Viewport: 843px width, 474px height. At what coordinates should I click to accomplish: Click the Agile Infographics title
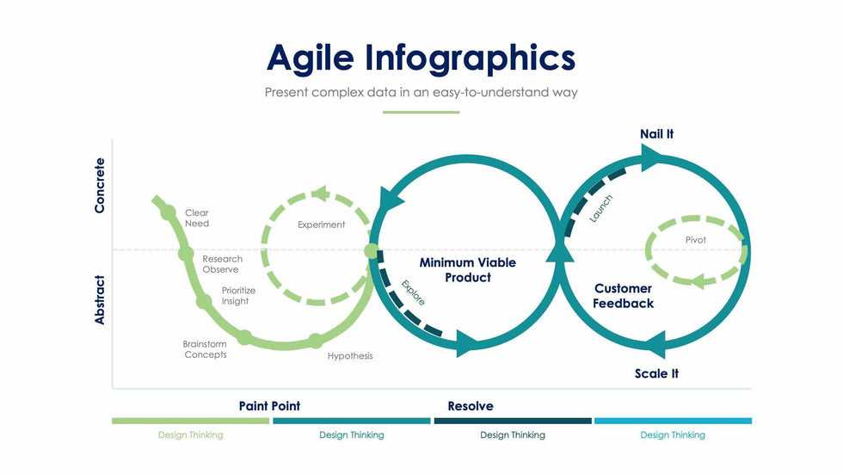pyautogui.click(x=421, y=58)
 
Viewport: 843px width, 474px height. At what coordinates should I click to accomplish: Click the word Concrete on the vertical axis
pyautogui.click(x=100, y=185)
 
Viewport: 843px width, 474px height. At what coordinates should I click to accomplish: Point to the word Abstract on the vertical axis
pyautogui.click(x=100, y=299)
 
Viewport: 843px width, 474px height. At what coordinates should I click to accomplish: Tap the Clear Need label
pyautogui.click(x=197, y=219)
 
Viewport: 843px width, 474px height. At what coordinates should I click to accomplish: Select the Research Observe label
pyautogui.click(x=222, y=264)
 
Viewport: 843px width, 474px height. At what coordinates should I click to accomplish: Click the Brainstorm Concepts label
pyautogui.click(x=205, y=349)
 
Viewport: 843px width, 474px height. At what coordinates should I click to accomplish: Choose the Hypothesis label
pyautogui.click(x=350, y=356)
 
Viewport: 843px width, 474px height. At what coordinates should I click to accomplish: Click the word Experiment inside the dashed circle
pyautogui.click(x=321, y=225)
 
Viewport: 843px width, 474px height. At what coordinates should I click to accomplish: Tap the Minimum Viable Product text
pyautogui.click(x=467, y=269)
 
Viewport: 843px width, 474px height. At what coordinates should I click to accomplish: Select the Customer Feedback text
pyautogui.click(x=623, y=296)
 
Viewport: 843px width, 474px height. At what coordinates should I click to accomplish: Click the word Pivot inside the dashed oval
pyautogui.click(x=695, y=240)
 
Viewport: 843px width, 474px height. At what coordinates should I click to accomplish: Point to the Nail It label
pyautogui.click(x=656, y=134)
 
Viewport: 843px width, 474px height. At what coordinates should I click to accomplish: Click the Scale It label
pyautogui.click(x=656, y=373)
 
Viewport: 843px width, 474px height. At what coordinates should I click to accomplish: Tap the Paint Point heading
pyautogui.click(x=269, y=406)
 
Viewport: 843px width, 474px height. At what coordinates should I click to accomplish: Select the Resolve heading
pyautogui.click(x=471, y=406)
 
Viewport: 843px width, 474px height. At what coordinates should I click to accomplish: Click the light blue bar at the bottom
pyautogui.click(x=673, y=421)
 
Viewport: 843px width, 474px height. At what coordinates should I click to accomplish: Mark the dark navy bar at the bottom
pyautogui.click(x=513, y=421)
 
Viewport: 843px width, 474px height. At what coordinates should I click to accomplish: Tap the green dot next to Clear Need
pyautogui.click(x=169, y=213)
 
